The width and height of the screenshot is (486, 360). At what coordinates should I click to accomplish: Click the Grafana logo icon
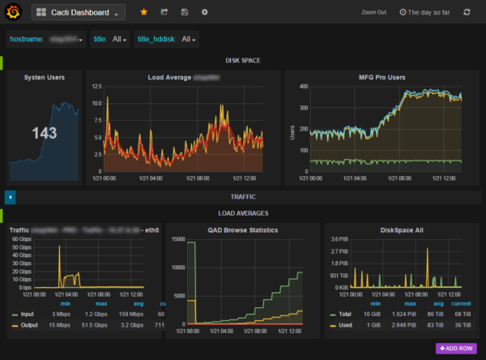tap(13, 12)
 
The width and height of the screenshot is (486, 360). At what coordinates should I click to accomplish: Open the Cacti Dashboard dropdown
tap(79, 13)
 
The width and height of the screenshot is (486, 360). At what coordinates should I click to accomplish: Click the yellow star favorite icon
tap(144, 13)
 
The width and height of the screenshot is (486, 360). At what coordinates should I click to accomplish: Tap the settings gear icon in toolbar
tap(205, 13)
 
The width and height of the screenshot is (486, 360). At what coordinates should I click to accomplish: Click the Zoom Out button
tap(373, 13)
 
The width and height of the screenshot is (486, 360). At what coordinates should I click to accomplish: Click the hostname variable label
tap(28, 39)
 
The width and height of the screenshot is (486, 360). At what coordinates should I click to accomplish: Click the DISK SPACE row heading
tap(243, 61)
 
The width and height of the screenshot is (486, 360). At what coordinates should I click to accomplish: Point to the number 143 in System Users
tap(44, 133)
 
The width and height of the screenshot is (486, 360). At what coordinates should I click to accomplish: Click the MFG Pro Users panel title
tap(382, 77)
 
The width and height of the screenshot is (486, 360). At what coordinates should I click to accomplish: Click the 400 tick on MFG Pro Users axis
tap(305, 86)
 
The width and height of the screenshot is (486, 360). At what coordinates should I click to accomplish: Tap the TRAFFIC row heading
tap(243, 196)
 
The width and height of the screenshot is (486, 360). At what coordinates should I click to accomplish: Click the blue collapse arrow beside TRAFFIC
tap(10, 196)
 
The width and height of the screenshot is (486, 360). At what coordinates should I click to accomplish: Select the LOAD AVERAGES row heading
tap(243, 213)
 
